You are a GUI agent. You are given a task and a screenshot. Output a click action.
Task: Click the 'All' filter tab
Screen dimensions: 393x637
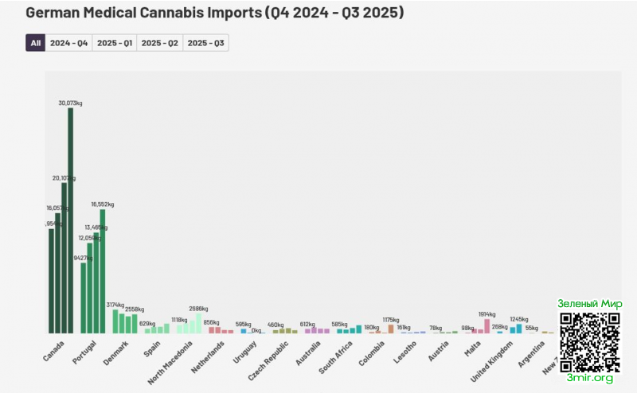coord(35,43)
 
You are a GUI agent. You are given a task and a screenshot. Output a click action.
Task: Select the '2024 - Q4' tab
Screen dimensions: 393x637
coord(69,43)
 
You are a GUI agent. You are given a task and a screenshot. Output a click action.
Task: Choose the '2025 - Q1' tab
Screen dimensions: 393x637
coord(115,43)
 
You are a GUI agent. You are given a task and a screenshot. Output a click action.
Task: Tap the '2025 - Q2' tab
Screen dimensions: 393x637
coord(159,43)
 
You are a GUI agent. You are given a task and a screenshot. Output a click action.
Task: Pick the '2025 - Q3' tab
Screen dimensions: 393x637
coord(205,43)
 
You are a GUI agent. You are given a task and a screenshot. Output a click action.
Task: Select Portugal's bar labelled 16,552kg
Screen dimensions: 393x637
coord(103,271)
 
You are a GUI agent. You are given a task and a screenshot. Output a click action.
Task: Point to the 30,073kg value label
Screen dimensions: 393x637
coord(70,103)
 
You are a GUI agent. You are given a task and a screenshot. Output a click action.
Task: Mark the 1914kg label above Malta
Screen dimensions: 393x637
coord(487,314)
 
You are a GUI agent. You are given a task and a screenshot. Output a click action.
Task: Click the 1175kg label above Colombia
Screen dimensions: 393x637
coord(391,320)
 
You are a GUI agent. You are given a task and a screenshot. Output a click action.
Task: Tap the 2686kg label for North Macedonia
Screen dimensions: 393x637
coord(198,308)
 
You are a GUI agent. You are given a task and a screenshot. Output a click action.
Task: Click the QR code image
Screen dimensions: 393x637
coord(589,342)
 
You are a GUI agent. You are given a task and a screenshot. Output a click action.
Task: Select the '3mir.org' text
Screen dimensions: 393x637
coord(590,378)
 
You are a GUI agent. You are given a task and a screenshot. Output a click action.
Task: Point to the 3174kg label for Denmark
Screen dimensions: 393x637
coord(115,305)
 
